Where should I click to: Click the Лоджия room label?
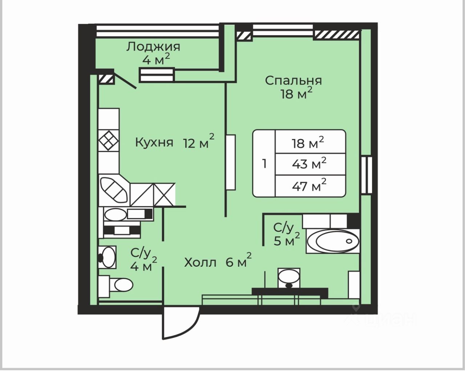click(153, 47)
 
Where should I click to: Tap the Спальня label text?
click(294, 81)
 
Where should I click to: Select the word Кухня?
click(154, 143)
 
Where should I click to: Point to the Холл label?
click(200, 263)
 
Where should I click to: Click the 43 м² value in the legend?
click(309, 164)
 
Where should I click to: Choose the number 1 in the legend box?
click(264, 164)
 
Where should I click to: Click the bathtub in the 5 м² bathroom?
click(333, 241)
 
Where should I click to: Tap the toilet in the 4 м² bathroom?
click(116, 286)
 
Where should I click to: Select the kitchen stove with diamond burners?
click(109, 141)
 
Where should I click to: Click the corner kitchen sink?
click(114, 190)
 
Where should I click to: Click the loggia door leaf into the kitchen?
click(125, 80)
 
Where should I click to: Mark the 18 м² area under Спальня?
click(296, 93)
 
